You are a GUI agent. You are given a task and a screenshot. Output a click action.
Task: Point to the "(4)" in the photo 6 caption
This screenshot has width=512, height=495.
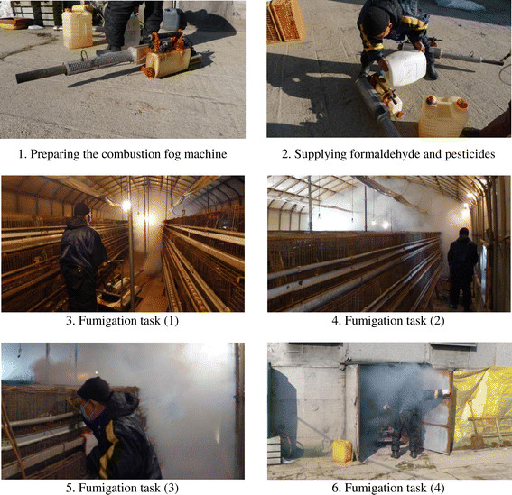(437, 488)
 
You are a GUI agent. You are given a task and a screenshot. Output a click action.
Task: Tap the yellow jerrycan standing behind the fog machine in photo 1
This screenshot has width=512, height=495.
(77, 28)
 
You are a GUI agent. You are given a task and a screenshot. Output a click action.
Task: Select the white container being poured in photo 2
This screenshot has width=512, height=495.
(405, 68)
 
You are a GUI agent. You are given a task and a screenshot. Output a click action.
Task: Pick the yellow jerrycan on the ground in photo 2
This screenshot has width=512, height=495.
(443, 115)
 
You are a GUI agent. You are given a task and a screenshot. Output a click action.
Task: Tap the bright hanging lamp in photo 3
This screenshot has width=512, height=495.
(126, 206)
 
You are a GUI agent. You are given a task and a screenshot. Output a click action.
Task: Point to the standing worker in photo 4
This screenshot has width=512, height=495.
(462, 269)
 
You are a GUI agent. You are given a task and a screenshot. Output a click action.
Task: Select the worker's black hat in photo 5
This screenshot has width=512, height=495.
(94, 390)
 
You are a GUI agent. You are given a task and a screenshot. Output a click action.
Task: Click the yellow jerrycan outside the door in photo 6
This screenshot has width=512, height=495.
(342, 453)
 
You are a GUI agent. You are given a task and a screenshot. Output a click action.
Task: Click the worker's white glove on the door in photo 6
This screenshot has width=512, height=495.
(446, 392)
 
